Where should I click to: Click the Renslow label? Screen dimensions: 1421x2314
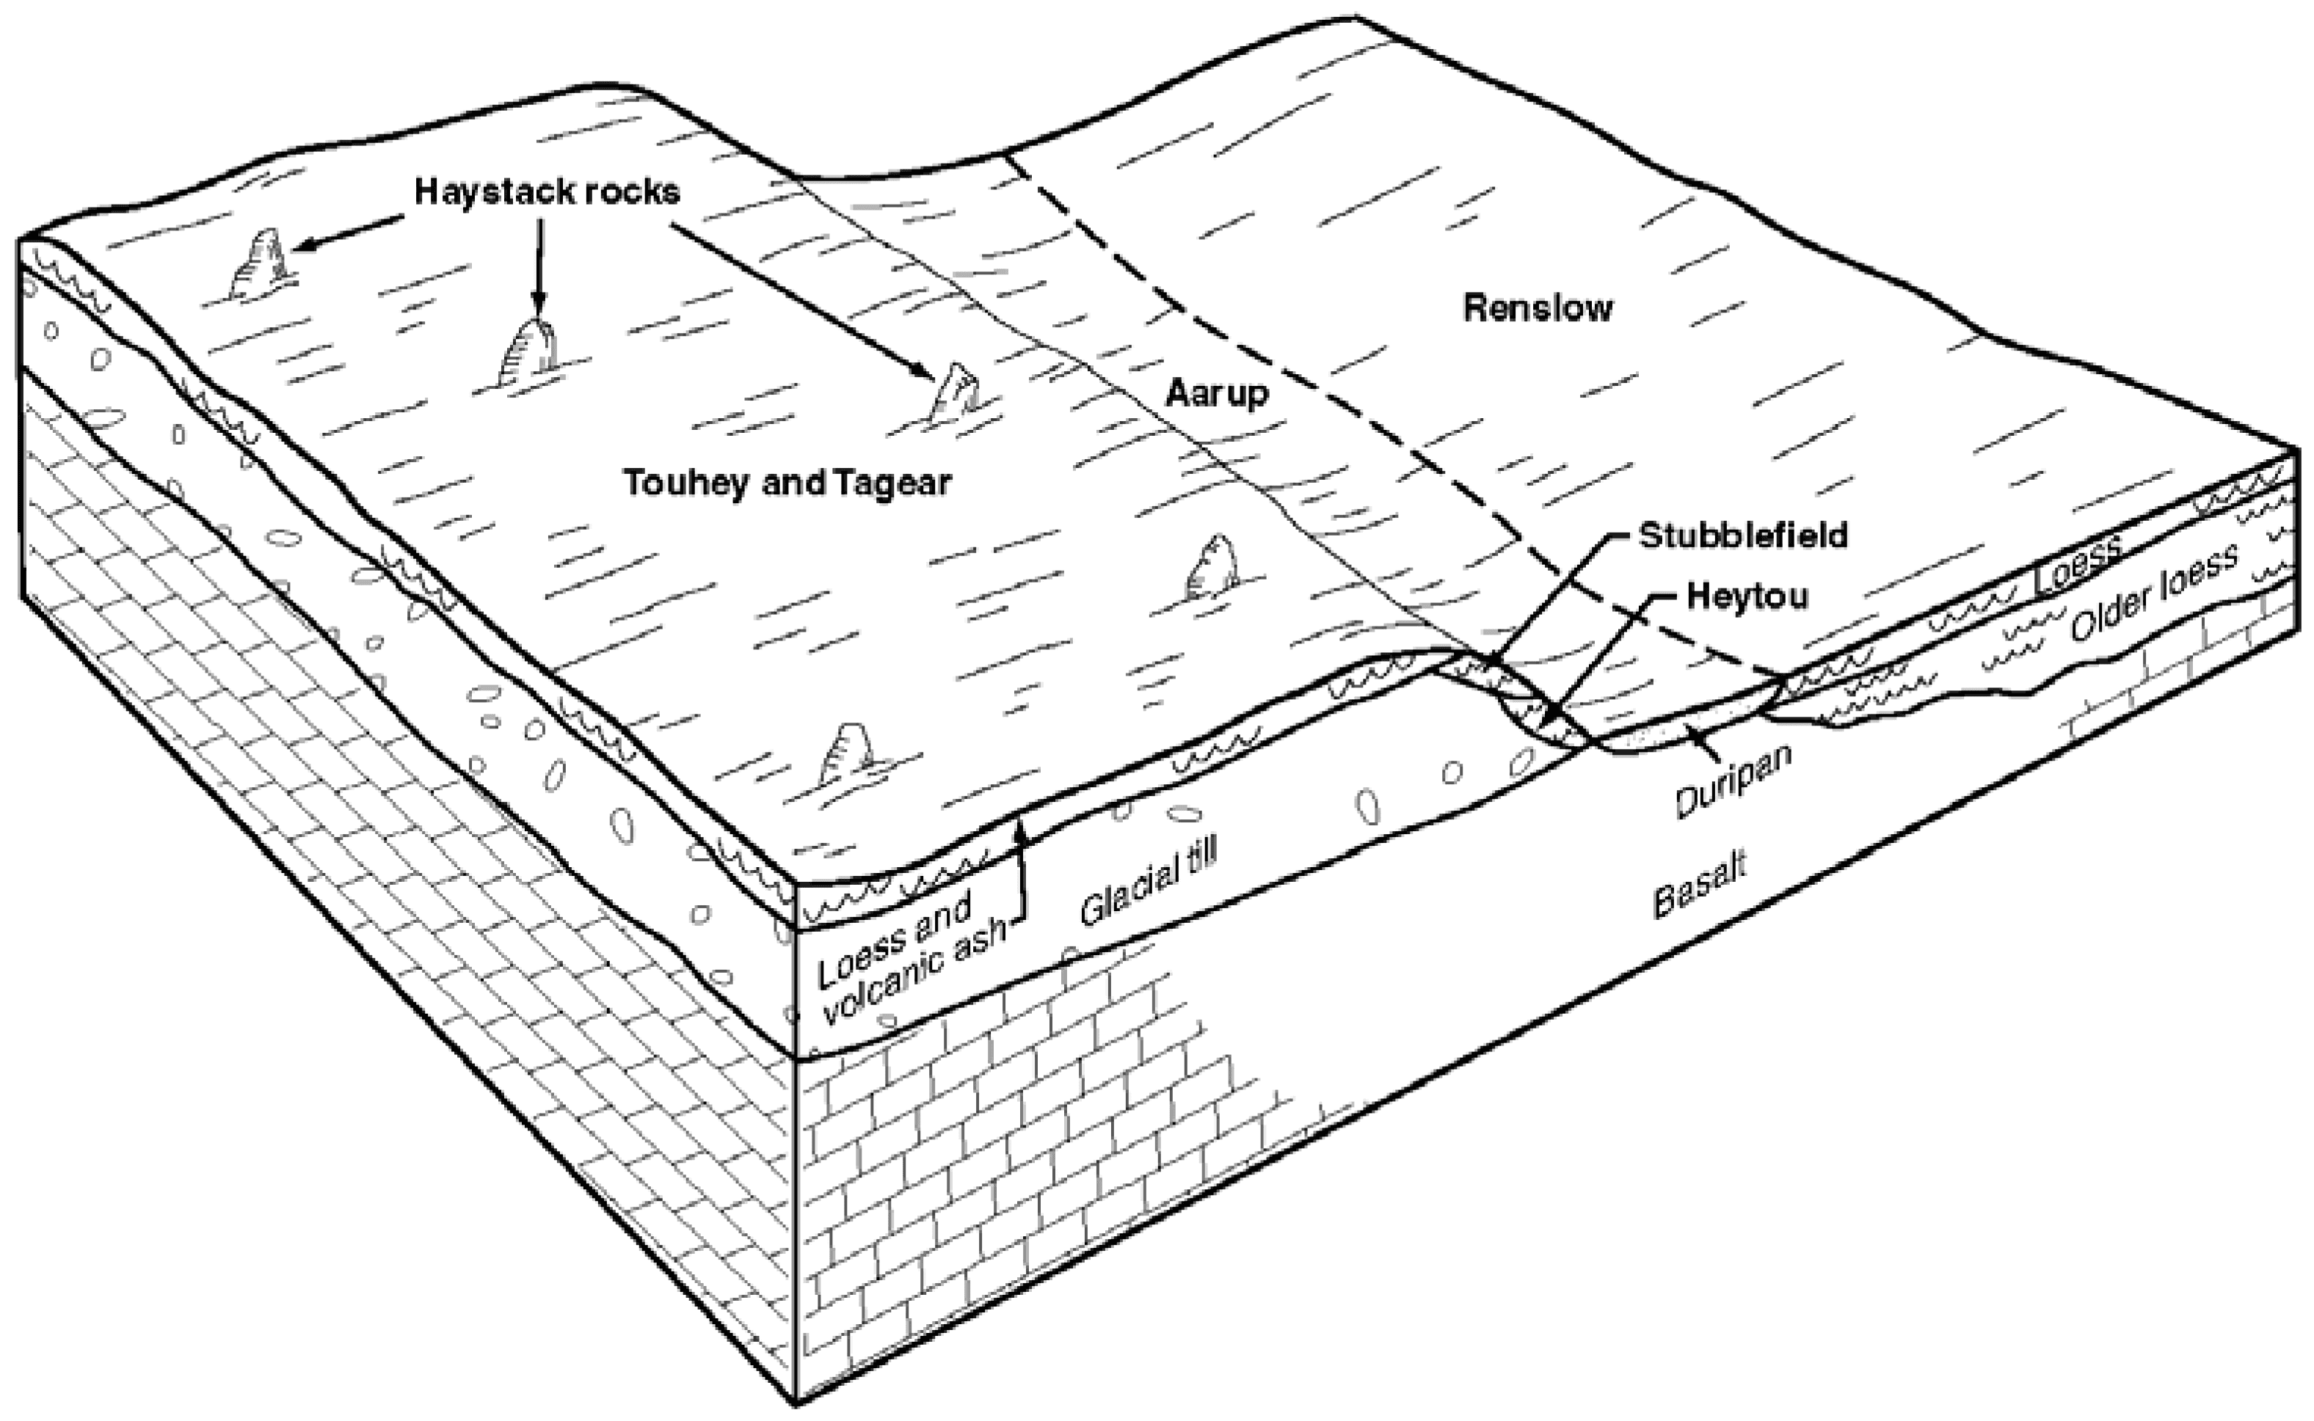(1538, 308)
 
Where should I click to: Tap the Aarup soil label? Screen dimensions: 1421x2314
(1216, 392)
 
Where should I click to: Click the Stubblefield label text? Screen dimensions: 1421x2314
(1742, 535)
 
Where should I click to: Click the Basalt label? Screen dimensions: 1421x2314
(1698, 885)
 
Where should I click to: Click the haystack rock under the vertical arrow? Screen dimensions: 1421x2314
(528, 354)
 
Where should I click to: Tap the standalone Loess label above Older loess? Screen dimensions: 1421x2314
(2075, 563)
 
